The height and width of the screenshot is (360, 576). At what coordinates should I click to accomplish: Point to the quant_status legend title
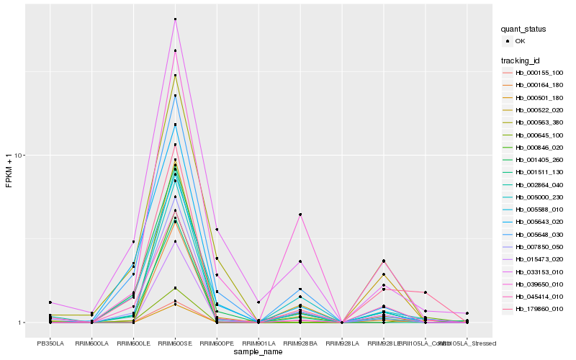pyautogui.click(x=523, y=29)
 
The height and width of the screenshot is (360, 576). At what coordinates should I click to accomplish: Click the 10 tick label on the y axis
pyautogui.click(x=20, y=156)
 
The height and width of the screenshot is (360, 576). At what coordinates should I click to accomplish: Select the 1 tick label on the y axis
pyautogui.click(x=22, y=323)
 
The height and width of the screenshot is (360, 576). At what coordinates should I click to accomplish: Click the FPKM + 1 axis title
pyautogui.click(x=9, y=171)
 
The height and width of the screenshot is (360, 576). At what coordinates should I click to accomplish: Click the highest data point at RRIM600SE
pyautogui.click(x=175, y=19)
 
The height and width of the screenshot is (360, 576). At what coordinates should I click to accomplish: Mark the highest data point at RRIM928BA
pyautogui.click(x=300, y=215)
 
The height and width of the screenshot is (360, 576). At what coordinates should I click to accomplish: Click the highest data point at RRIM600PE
pyautogui.click(x=217, y=229)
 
